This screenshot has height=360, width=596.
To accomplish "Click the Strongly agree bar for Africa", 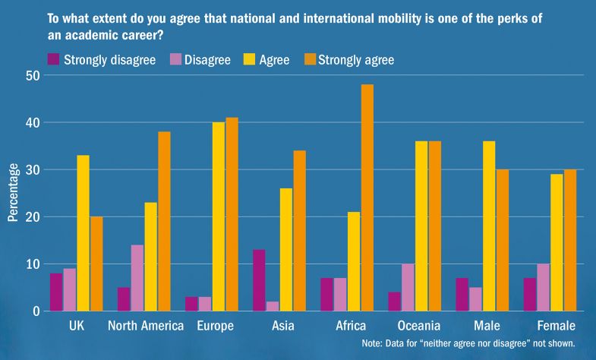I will pyautogui.click(x=367, y=197).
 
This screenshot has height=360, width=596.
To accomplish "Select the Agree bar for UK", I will pyautogui.click(x=83, y=233).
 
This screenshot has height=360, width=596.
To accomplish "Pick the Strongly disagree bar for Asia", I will pyautogui.click(x=260, y=280).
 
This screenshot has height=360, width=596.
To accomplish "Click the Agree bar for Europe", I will pyautogui.click(x=219, y=216).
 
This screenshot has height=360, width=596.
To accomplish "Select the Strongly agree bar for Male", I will pyautogui.click(x=503, y=240).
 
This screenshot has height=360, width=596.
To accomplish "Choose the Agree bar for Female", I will pyautogui.click(x=557, y=242).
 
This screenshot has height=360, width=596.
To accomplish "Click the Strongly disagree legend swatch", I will pyautogui.click(x=54, y=59).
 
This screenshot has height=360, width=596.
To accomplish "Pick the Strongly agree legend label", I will pyautogui.click(x=356, y=60).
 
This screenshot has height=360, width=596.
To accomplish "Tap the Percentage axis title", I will pyautogui.click(x=12, y=193).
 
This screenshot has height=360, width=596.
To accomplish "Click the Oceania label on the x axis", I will pyautogui.click(x=419, y=327).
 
